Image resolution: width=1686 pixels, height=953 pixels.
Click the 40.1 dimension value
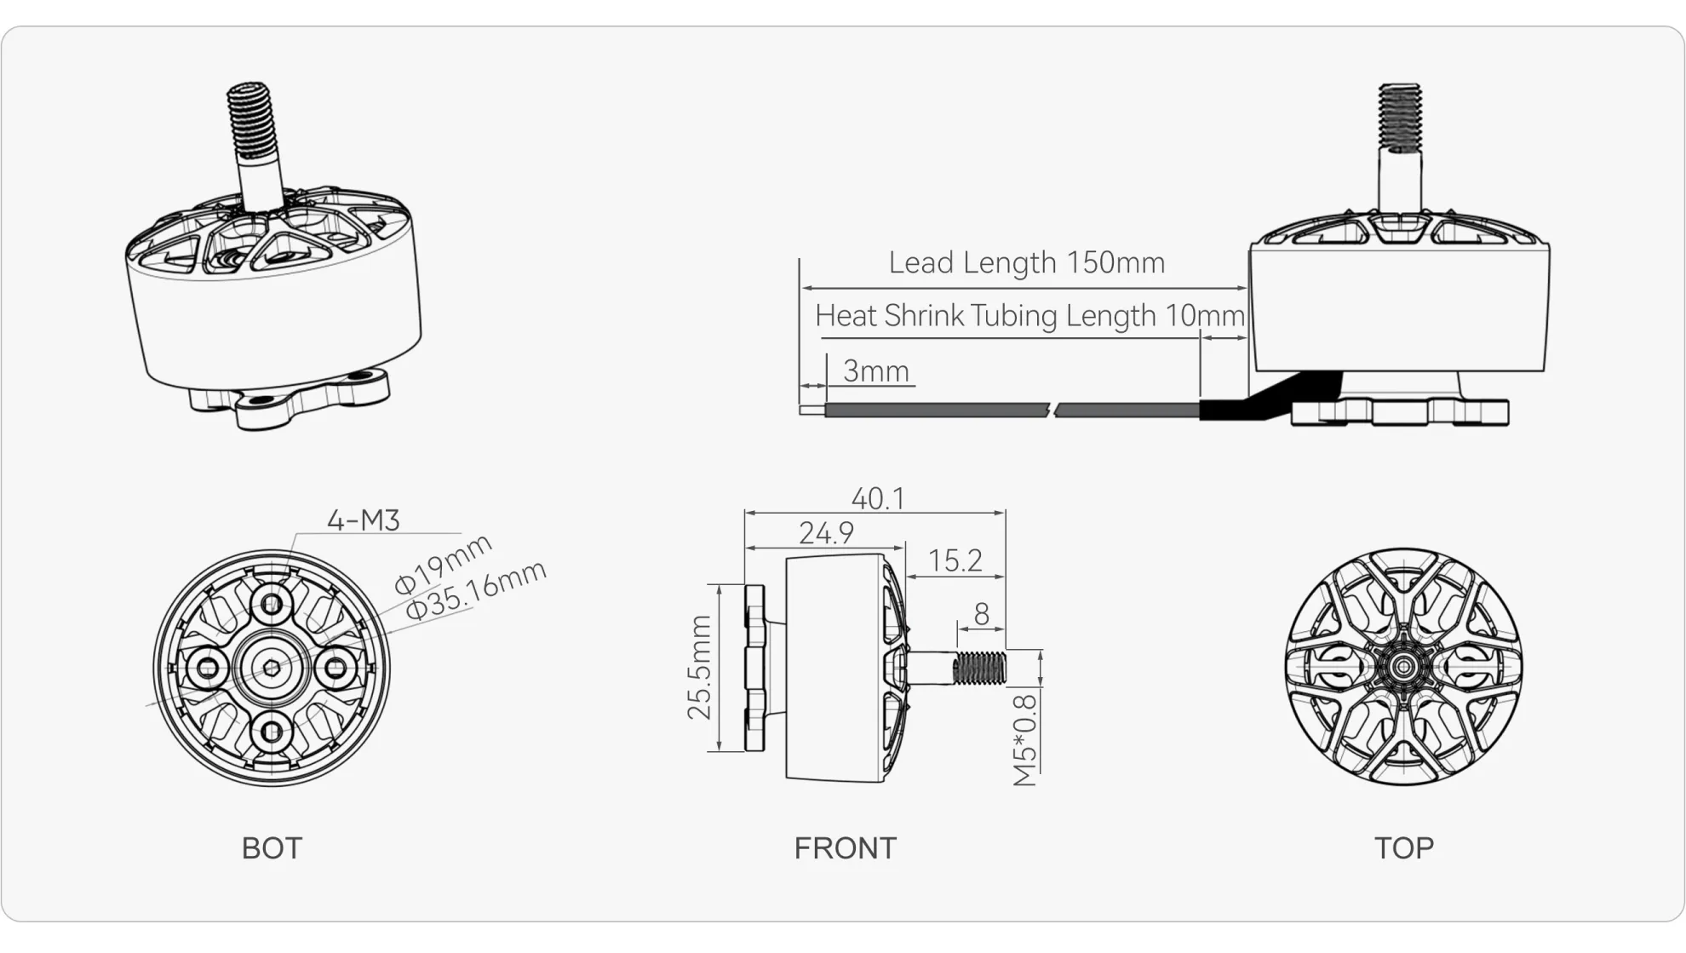(878, 499)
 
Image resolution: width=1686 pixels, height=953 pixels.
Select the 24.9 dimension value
(826, 534)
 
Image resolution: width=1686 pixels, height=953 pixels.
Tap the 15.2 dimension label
(955, 561)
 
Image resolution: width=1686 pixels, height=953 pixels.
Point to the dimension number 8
(981, 614)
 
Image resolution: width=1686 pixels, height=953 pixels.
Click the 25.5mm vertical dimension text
(700, 668)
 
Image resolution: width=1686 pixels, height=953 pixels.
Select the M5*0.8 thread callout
(1025, 740)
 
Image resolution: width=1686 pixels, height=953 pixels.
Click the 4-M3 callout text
(364, 520)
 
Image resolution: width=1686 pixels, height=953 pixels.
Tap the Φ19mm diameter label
(443, 563)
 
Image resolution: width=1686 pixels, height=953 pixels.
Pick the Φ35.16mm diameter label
(475, 589)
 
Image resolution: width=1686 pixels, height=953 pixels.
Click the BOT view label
(272, 848)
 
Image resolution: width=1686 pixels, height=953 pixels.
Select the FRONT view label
(845, 848)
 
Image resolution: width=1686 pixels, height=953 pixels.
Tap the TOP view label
(1403, 848)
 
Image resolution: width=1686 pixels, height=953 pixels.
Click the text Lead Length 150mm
(1026, 263)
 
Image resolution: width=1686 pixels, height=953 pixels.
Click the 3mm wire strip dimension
(875, 371)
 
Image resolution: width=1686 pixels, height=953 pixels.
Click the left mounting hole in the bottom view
(207, 669)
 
